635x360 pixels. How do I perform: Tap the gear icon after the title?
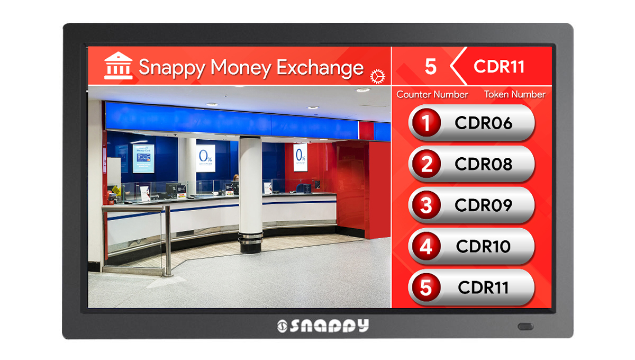[377, 76]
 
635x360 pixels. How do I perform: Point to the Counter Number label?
[432, 95]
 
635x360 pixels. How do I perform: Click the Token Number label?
[514, 95]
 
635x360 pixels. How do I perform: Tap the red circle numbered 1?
[427, 123]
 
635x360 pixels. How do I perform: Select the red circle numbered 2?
[427, 164]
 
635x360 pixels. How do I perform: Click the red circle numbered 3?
[427, 205]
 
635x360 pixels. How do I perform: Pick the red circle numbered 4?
[427, 247]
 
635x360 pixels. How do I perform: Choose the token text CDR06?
[483, 123]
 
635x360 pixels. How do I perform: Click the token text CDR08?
[483, 164]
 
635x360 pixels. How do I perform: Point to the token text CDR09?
[483, 205]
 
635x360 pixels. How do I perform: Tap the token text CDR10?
[483, 247]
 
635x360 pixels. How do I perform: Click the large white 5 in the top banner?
[430, 67]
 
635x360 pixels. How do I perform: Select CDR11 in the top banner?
[499, 67]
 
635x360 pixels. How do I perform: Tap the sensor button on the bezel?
[525, 326]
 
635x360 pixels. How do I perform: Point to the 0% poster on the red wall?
[301, 157]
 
